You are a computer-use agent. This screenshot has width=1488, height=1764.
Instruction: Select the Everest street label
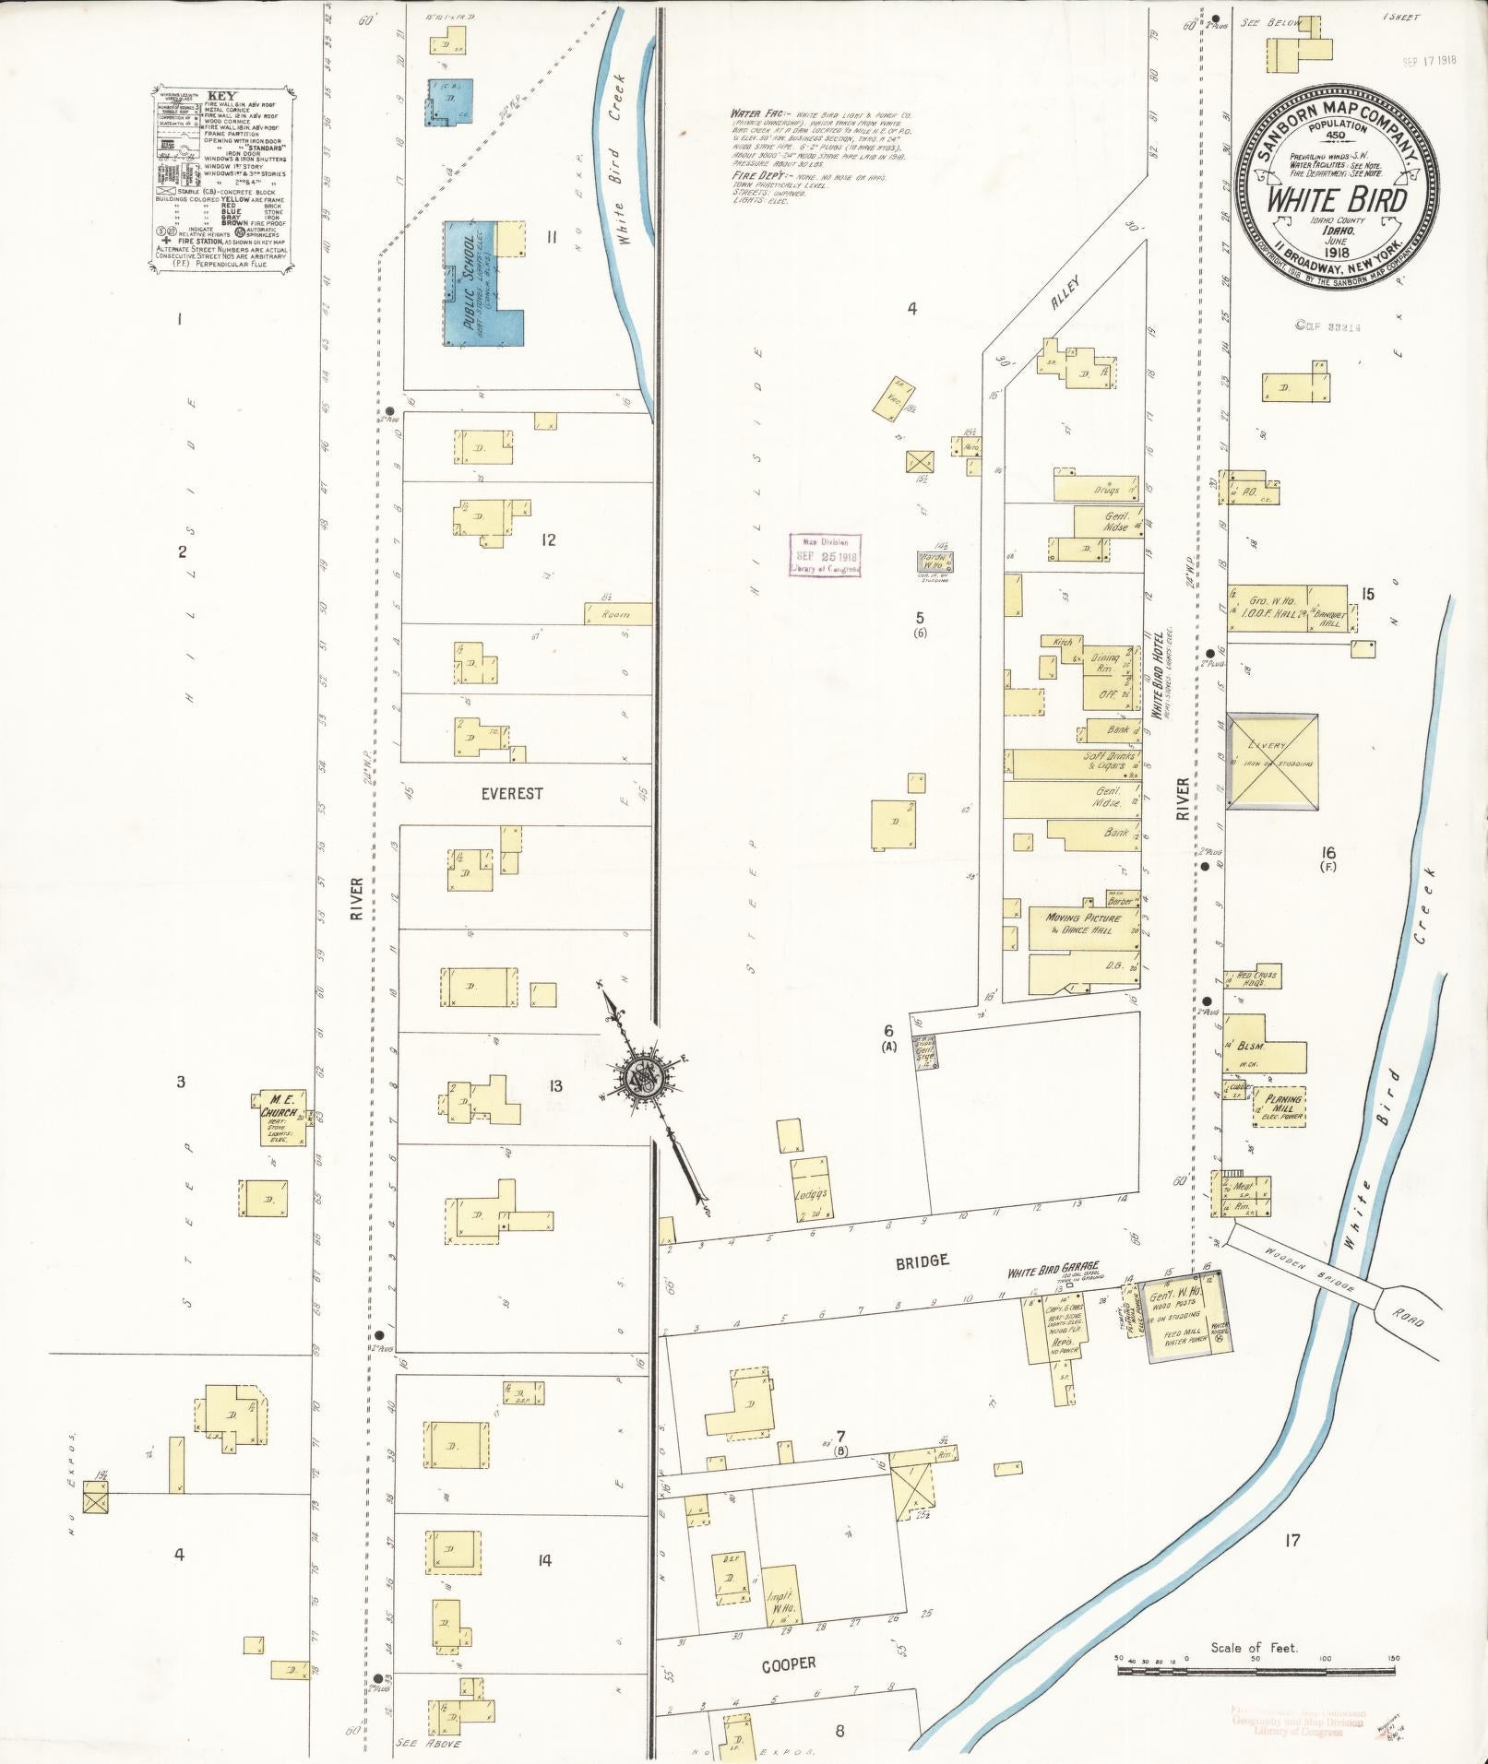pyautogui.click(x=511, y=793)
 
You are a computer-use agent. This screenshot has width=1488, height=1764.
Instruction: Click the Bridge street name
pyautogui.click(x=921, y=1261)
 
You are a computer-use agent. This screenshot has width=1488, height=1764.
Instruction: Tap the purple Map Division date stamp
pyautogui.click(x=825, y=556)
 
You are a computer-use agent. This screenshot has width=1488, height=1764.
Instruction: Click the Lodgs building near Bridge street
pyautogui.click(x=810, y=1190)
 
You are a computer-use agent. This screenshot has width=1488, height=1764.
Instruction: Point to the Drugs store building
pyautogui.click(x=1098, y=488)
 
